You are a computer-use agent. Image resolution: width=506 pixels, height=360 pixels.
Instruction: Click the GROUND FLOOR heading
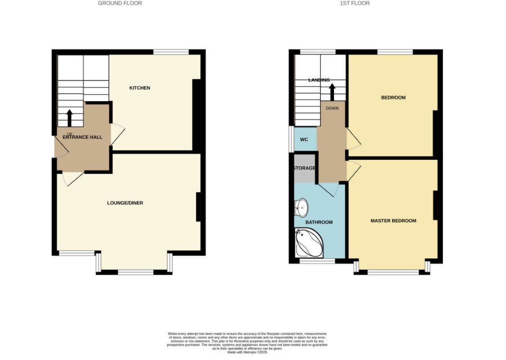[120, 3]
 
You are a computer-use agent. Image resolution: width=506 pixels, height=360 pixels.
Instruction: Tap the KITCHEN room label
[140, 88]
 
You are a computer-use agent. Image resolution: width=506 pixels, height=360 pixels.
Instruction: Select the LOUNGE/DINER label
[125, 203]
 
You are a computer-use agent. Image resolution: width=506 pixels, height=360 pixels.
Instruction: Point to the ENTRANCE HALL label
[82, 137]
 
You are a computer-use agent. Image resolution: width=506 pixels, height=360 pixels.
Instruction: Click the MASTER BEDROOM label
[393, 221]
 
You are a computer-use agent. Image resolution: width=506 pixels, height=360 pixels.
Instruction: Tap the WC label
[304, 139]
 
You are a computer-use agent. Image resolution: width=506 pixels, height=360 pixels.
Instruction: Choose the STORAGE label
[304, 168]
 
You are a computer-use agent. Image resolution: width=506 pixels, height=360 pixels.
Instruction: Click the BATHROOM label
[319, 222]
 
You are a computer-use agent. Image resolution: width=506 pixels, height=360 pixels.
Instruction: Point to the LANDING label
[319, 80]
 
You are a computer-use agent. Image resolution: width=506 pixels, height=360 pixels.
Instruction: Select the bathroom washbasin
[302, 207]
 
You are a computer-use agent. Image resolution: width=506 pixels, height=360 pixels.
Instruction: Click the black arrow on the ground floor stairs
[70, 118]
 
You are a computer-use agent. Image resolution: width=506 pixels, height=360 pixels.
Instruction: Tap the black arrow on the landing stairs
[332, 92]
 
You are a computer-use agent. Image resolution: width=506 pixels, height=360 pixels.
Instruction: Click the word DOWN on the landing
[332, 108]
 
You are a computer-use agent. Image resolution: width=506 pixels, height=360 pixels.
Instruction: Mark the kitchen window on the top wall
[171, 52]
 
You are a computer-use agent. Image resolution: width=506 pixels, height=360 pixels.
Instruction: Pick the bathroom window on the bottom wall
[317, 261]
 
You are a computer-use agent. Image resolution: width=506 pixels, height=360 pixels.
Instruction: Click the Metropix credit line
[247, 352]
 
